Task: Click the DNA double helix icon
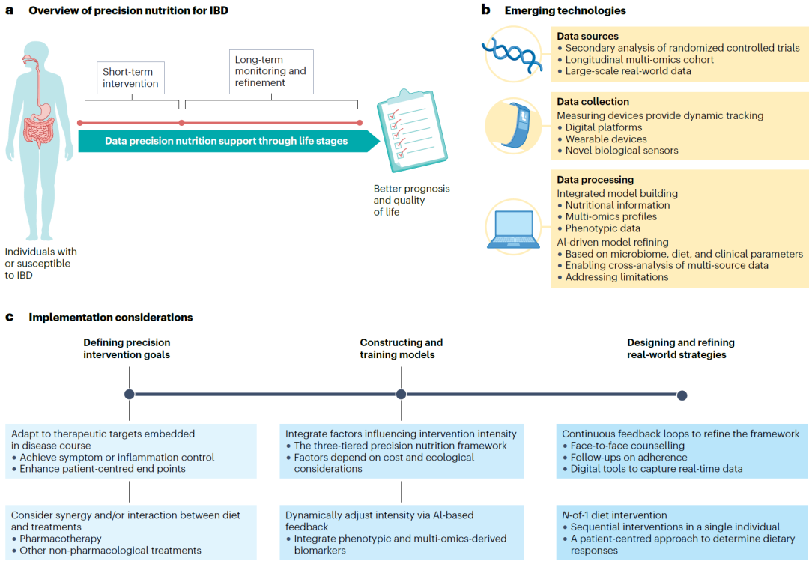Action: [512, 54]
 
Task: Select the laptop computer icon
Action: [513, 229]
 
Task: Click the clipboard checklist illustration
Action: [412, 131]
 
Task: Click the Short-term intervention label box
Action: [130, 78]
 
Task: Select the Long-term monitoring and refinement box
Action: [271, 72]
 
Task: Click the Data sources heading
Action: [588, 36]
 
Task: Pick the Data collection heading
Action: [593, 102]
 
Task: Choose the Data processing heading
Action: [596, 180]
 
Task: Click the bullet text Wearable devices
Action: [606, 139]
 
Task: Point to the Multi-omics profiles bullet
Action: [611, 216]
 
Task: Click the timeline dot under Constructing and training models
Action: [401, 394]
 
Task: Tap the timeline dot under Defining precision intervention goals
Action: [130, 394]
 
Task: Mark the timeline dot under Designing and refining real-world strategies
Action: [682, 395]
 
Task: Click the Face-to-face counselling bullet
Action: [628, 446]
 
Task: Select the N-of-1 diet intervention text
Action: [614, 515]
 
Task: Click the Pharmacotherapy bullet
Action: [61, 539]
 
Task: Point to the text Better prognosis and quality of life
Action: [412, 200]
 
